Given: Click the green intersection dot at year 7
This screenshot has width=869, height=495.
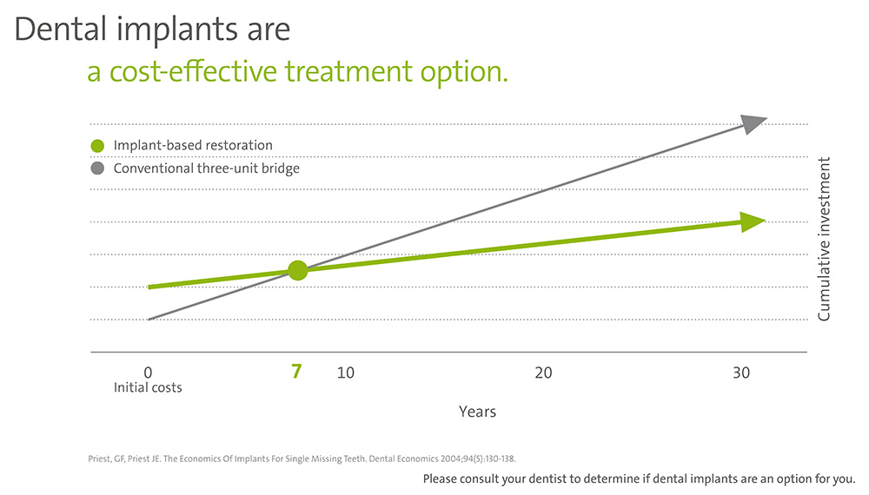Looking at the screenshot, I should pos(297,270).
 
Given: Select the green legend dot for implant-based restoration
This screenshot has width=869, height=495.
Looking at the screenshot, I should pos(97,146).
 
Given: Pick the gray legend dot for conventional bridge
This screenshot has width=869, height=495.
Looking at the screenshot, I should pos(97,168).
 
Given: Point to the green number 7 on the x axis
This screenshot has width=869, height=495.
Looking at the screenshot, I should pos(296,372).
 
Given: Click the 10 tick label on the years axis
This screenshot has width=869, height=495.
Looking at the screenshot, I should pos(345,373).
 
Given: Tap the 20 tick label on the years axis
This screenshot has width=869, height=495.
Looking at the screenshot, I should pos(543,373).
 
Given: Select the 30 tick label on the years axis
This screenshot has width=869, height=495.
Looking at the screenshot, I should pos(740,373).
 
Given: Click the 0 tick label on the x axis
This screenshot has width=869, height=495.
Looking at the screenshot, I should pos(148,373).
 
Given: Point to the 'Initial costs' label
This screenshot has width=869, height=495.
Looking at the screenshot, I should pos(148,387).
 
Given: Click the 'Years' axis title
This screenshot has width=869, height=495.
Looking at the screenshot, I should pos(477,412).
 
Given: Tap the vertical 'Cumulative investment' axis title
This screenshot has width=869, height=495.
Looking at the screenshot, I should pos(824,239).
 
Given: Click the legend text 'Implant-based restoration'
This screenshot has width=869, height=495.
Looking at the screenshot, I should pos(193,146).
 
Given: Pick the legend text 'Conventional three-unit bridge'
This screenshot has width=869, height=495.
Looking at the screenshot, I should pos(206,168).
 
